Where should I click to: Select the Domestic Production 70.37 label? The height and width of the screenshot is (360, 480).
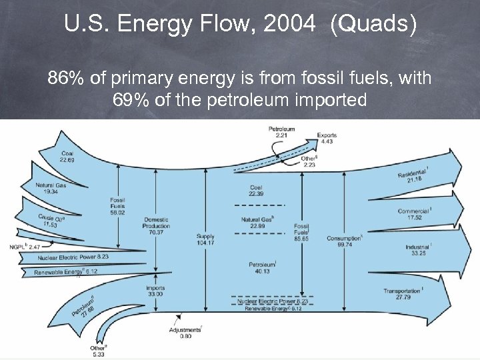tap(156, 225)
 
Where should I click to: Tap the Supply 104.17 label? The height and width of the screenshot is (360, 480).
tap(205, 239)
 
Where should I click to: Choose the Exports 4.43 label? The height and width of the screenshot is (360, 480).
tap(327, 137)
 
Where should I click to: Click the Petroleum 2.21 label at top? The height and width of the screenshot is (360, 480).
tap(281, 131)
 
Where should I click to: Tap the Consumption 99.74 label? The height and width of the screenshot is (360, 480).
tap(344, 241)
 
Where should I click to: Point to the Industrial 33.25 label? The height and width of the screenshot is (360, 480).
tap(417, 250)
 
